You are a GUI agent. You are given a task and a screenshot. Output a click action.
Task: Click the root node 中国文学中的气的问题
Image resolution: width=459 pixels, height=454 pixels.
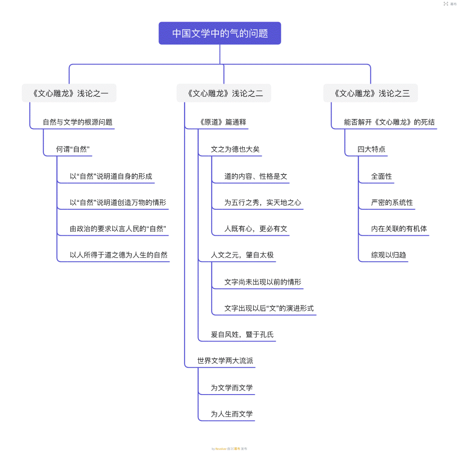pos(220,33)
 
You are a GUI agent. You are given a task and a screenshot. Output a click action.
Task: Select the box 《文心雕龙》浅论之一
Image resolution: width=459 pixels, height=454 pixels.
pos(69,93)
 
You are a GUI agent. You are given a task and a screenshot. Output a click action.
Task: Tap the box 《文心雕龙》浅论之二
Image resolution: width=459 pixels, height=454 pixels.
pos(224,93)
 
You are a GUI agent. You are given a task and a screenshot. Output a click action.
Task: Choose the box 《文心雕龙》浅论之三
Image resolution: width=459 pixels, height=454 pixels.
pos(371,93)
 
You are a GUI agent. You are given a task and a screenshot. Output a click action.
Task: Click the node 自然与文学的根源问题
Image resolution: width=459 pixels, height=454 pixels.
pos(78,122)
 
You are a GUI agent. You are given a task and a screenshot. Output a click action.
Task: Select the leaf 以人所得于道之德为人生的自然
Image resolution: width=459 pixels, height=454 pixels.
pos(119,255)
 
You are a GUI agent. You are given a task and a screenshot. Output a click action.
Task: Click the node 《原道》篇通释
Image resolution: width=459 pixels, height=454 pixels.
pos(222,122)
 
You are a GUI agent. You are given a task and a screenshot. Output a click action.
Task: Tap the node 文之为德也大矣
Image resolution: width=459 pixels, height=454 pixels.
pos(235,149)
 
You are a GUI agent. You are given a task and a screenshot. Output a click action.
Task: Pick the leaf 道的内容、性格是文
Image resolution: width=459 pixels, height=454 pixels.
pos(256,176)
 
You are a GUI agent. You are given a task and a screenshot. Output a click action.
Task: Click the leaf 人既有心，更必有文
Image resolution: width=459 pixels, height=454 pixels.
pos(256,229)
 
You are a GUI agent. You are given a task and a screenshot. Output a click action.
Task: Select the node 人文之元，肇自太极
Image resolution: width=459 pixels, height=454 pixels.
pos(242,255)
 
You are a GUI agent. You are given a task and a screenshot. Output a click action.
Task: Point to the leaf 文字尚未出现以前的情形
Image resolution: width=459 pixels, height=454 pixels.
pos(263,282)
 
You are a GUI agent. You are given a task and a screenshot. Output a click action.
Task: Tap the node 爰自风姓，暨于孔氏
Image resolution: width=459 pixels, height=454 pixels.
pos(242,335)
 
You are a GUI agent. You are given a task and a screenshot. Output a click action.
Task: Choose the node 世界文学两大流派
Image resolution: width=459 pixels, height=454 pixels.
pos(225,361)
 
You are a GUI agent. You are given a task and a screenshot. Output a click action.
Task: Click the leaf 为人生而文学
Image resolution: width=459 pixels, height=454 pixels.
pos(232,414)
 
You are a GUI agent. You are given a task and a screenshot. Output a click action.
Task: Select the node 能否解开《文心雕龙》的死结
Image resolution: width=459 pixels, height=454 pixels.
pos(389,122)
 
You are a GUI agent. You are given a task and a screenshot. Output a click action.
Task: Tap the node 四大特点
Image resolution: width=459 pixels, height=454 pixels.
pos(371,149)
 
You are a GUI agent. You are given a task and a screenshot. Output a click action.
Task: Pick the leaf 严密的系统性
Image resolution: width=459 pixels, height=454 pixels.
pos(392,203)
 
